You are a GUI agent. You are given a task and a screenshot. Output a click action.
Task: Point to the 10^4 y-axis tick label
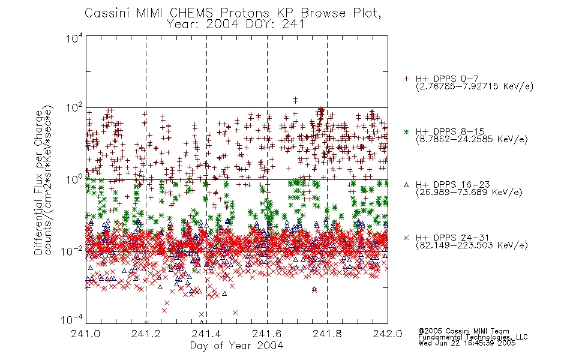point(74,38)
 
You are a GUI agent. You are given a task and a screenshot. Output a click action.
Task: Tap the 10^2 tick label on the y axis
point(74,107)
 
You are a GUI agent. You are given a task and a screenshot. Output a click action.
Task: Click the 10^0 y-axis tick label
point(74,179)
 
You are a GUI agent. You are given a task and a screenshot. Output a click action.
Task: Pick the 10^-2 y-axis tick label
point(72,251)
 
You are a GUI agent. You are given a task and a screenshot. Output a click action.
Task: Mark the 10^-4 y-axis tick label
point(72,320)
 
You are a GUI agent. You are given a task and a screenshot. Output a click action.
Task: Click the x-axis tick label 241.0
point(86,334)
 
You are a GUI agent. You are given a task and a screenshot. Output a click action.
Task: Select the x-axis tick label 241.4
point(206,334)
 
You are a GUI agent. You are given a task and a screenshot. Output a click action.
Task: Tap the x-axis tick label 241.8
point(327,334)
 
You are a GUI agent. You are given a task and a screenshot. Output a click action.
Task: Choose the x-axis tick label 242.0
point(388,334)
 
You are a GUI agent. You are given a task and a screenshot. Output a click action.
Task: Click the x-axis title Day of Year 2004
point(236,346)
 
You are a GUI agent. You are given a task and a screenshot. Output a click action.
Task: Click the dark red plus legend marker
point(406,79)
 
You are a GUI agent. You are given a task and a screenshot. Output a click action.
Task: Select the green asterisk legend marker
point(406,131)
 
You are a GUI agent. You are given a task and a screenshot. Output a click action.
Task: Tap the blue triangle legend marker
point(406,185)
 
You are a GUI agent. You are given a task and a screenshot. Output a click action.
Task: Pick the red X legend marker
point(406,238)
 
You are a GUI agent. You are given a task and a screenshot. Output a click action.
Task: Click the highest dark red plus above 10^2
point(296,99)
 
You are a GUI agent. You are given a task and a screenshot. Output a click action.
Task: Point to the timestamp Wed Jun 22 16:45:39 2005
point(467,343)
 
